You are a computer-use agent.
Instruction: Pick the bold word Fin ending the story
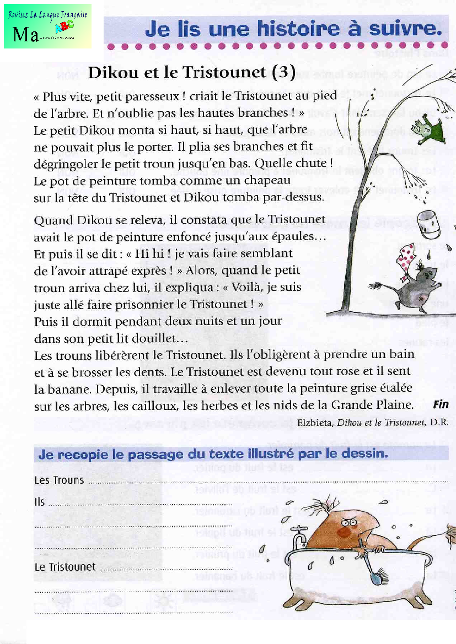coord(441,404)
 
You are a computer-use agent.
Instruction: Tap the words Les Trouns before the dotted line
coord(59,480)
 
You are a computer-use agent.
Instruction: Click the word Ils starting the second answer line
coord(40,502)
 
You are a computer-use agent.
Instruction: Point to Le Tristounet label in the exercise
coord(65,567)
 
